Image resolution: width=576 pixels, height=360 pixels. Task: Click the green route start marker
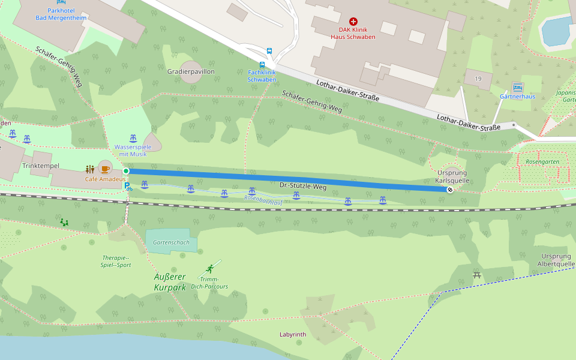tap(126, 171)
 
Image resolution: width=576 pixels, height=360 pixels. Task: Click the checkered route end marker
tap(450, 189)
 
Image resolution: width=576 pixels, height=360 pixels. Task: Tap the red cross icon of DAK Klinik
tap(353, 21)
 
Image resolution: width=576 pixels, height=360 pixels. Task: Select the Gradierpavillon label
tap(191, 71)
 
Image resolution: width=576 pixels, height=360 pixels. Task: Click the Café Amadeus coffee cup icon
tap(105, 169)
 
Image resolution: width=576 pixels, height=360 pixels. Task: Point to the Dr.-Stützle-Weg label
tap(303, 185)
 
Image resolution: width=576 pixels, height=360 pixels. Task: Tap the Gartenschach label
tap(171, 242)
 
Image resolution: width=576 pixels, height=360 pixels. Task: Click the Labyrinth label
tap(293, 334)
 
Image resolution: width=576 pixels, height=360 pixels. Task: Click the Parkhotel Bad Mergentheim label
tap(61, 14)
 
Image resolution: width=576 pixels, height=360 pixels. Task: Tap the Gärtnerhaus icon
tap(517, 86)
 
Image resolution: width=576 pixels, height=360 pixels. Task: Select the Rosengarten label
tap(542, 162)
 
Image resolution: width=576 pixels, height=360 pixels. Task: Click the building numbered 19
tap(478, 79)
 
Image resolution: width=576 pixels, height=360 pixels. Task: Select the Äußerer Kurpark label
tap(170, 282)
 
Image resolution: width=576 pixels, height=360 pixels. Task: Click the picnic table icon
tap(477, 275)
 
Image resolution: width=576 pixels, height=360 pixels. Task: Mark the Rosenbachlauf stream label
tap(263, 198)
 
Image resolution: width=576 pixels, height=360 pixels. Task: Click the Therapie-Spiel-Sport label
tap(116, 261)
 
